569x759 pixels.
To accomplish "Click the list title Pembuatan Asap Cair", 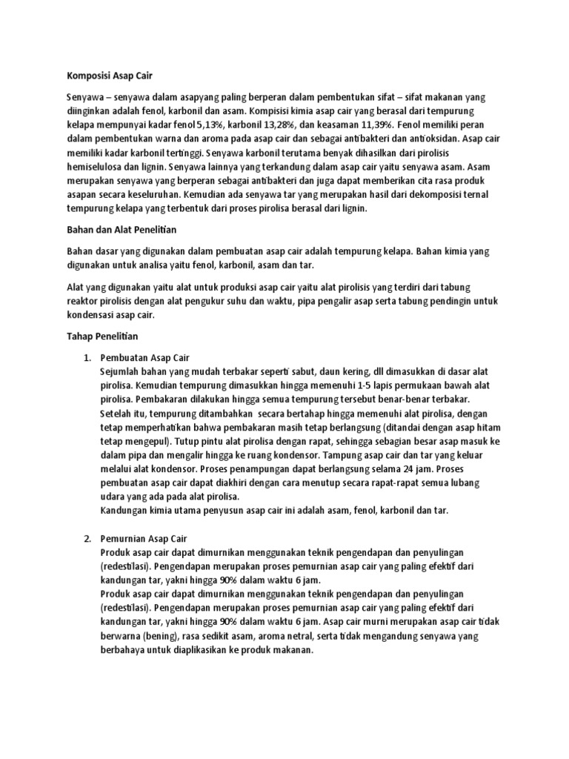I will click(145, 357).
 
